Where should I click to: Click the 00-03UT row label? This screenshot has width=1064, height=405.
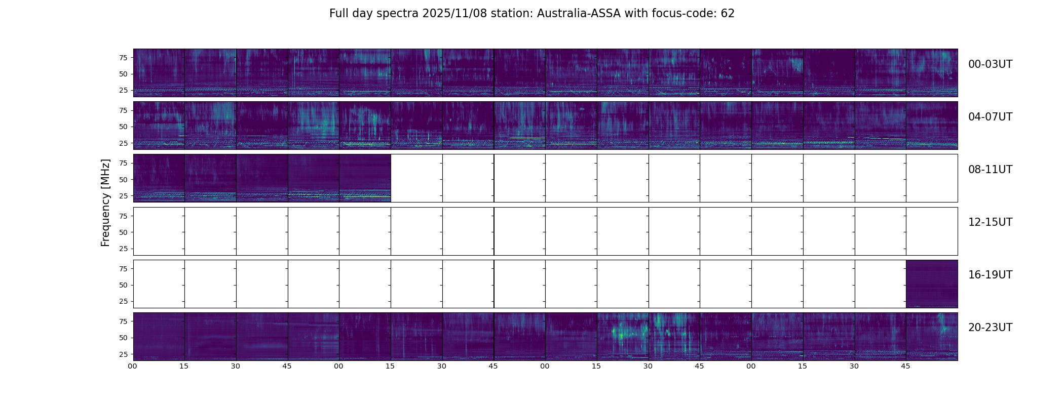[x=990, y=64]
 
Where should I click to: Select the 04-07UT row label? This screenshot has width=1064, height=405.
[x=990, y=117]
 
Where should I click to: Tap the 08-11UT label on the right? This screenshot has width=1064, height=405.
[x=990, y=170]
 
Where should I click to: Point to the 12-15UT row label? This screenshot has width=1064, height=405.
[x=990, y=222]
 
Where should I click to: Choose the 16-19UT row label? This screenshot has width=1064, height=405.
[x=990, y=275]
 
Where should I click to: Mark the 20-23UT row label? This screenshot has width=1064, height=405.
[x=990, y=328]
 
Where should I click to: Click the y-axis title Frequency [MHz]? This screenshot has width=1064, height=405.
[x=105, y=202]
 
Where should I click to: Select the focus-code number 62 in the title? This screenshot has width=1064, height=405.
[x=728, y=14]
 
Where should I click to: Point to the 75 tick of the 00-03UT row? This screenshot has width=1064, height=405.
[x=123, y=58]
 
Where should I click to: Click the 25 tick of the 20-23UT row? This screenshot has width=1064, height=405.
[x=123, y=354]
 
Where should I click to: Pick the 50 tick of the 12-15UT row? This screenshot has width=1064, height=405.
[x=123, y=232]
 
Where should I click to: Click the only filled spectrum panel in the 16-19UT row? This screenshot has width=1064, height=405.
[x=932, y=283]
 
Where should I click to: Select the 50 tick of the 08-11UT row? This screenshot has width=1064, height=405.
[x=123, y=180]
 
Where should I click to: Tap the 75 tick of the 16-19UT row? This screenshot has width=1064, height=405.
[x=123, y=269]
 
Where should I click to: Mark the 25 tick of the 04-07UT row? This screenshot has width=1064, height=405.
[x=123, y=143]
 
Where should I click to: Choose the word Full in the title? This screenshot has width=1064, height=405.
[x=339, y=14]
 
